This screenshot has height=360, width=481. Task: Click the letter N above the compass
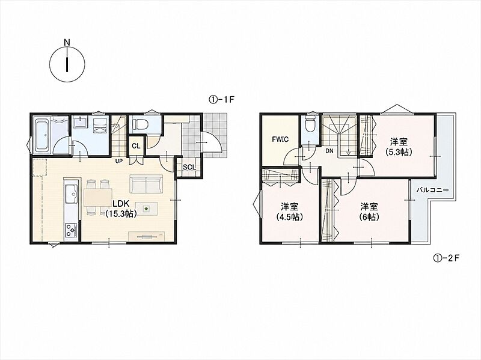point(67,42)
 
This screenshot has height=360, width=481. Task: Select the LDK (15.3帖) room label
point(121,209)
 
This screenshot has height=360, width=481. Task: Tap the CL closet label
point(136,146)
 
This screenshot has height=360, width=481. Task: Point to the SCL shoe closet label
point(189,168)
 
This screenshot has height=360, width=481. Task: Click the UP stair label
point(119,160)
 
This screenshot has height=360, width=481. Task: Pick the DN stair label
point(329,151)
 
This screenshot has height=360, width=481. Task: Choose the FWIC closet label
point(280,139)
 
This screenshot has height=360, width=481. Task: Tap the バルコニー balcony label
point(432,190)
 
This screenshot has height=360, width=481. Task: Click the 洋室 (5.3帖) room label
point(399,147)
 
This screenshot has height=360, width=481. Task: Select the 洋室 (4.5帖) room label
point(290,212)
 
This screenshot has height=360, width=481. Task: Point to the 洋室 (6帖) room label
point(369,212)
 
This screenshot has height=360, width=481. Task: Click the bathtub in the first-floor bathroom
point(43,135)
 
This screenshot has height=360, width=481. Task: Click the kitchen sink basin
point(71,193)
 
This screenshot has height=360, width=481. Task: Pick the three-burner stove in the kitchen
point(71,230)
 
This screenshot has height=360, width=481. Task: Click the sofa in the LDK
point(146,185)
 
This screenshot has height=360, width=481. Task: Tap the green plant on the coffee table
point(146,209)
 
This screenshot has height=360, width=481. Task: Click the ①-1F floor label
point(222,99)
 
